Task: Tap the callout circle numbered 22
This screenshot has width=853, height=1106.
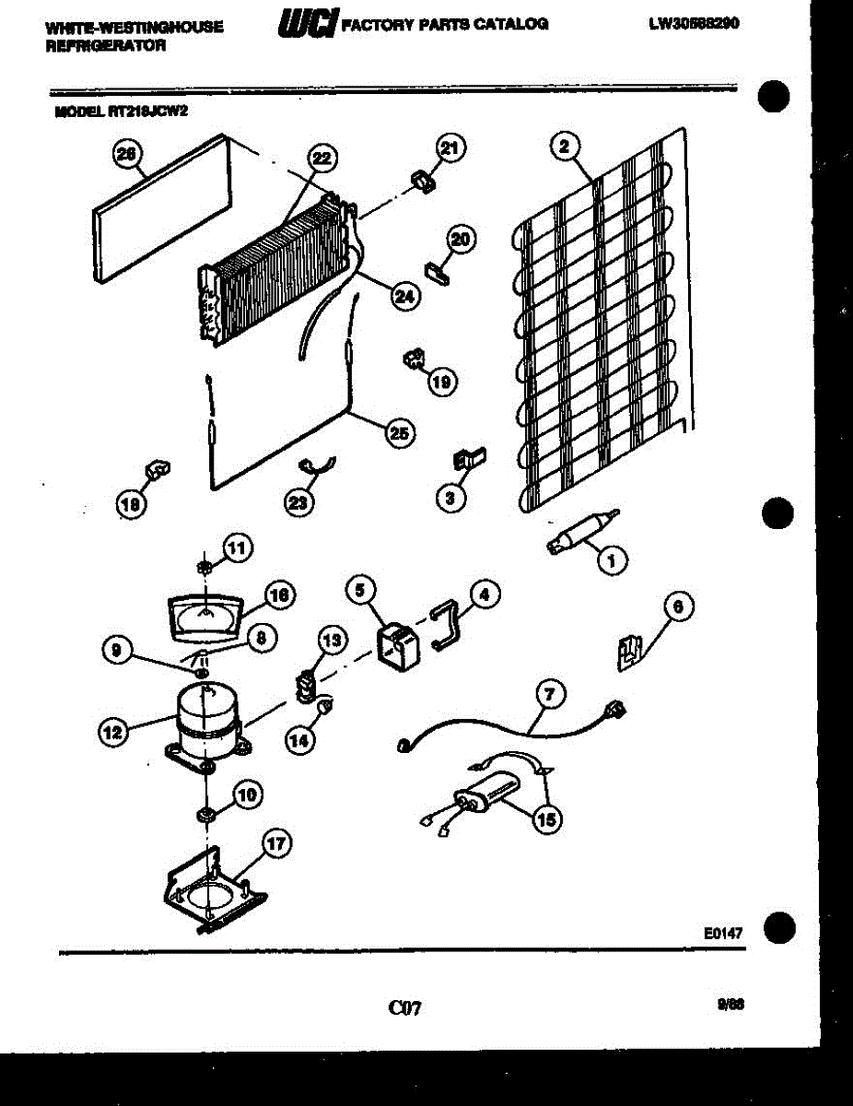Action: point(319,159)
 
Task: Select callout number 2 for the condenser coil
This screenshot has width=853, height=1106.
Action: point(565,145)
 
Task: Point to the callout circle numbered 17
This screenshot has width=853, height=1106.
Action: point(276,842)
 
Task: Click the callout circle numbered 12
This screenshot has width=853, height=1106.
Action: point(112,733)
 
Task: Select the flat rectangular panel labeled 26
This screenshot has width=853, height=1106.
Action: point(157,207)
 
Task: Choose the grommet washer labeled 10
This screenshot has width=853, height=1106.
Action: point(206,816)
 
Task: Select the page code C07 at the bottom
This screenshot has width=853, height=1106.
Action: point(404,1008)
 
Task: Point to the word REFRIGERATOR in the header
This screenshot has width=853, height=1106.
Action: point(105,45)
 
